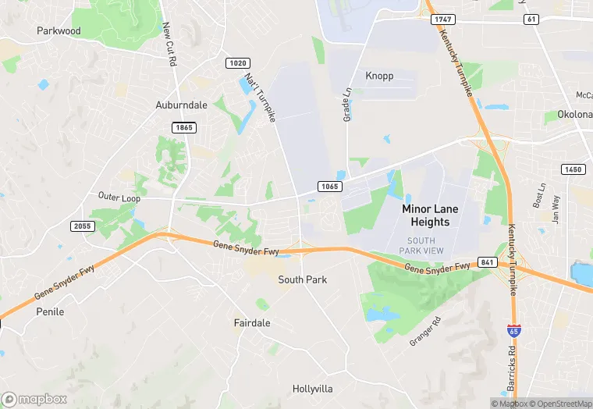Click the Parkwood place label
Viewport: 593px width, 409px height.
coord(59,31)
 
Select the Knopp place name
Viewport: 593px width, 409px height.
coord(379,76)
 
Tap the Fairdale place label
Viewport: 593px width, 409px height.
coord(252,322)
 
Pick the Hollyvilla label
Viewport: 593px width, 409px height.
coord(313,388)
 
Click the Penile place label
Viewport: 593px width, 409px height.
coord(50,311)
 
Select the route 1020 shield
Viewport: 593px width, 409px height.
coord(237,62)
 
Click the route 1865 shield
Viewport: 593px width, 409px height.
coord(185,127)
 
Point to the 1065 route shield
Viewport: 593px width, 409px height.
coord(328,186)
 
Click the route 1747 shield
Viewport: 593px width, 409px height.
coord(442,19)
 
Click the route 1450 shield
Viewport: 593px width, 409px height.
coord(572,169)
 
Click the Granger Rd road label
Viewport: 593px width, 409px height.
coord(426,331)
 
